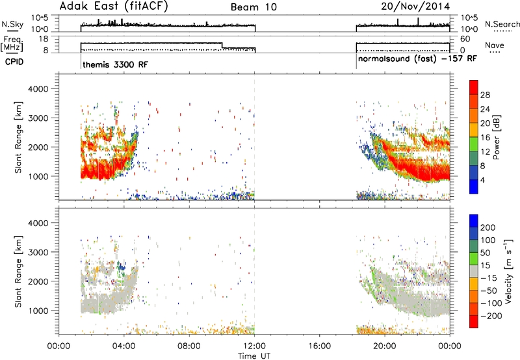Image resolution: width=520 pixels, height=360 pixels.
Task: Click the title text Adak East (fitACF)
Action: [x=114, y=6]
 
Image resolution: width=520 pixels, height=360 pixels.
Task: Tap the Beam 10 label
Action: [x=253, y=7]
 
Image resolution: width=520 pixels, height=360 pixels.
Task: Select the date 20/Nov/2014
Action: [x=415, y=6]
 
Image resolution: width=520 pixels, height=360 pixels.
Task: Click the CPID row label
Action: [x=14, y=62]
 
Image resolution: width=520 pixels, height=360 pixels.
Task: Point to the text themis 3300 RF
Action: [x=115, y=64]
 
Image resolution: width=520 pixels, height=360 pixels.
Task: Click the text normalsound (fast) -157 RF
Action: [x=417, y=58]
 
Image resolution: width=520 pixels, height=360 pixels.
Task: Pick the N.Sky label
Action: [x=12, y=24]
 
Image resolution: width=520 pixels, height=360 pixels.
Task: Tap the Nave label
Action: [x=495, y=45]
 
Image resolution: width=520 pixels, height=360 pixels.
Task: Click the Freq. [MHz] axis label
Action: [x=13, y=44]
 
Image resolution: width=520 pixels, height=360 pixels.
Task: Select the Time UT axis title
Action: [x=254, y=356]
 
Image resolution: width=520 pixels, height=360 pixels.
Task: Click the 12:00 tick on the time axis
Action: [x=254, y=346]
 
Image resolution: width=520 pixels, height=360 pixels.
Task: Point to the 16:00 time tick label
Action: [x=319, y=346]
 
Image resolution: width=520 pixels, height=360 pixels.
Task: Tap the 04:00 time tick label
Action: [x=124, y=346]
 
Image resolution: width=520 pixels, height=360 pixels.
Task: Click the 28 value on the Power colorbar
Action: [x=485, y=95]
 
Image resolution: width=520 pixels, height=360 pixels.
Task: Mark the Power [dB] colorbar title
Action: [x=497, y=137]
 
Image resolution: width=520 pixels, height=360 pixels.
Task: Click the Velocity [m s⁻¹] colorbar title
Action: [x=508, y=271]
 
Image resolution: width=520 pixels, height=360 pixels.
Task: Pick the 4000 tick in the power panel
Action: [x=38, y=89]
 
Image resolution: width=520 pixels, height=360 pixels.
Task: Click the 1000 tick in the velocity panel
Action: [x=38, y=311]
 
